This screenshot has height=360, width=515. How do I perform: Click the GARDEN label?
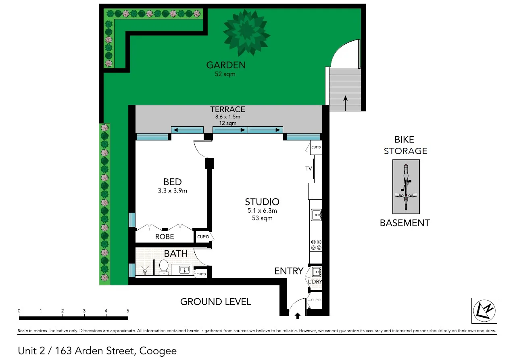click(x=225, y=65)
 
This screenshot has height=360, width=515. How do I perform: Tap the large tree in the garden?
click(x=246, y=32)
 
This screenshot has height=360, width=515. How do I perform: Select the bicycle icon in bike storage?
click(x=406, y=187)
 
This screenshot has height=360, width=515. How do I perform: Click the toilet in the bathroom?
click(x=164, y=267)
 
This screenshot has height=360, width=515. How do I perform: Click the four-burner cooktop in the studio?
click(x=315, y=245)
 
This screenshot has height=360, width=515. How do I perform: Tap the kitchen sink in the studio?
click(x=316, y=215)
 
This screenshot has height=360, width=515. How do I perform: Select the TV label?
click(x=309, y=169)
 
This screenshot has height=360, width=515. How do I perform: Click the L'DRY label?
click(x=315, y=281)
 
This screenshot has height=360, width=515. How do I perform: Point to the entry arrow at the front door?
click(x=298, y=315)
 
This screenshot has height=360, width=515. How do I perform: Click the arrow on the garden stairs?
click(x=345, y=103)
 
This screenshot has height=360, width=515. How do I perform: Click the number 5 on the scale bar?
click(x=128, y=311)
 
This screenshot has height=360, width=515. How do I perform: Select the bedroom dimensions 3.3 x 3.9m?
click(x=173, y=191)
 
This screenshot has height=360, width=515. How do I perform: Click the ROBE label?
click(x=165, y=237)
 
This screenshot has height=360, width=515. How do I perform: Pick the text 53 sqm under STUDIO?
click(x=262, y=218)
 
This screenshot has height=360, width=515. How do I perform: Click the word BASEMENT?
click(x=405, y=223)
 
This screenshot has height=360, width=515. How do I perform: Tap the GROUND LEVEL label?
click(x=215, y=301)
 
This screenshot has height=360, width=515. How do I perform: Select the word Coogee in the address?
click(x=158, y=351)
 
